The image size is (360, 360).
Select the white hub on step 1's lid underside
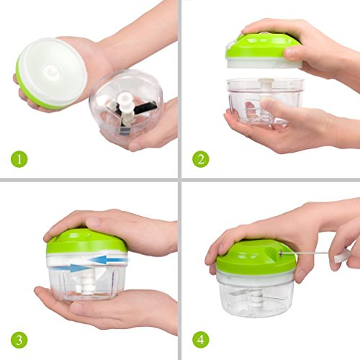pos(51,72)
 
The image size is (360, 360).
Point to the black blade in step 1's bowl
pos(144,109)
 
